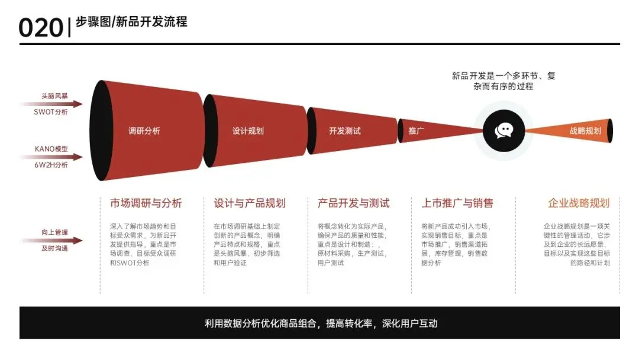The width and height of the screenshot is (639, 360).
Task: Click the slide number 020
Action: (x=40, y=27)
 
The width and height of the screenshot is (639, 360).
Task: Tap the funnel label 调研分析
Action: (x=144, y=131)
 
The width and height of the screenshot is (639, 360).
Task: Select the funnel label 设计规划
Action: (x=248, y=131)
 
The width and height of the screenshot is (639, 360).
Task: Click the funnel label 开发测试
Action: (x=345, y=131)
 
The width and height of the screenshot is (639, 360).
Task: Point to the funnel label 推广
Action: (x=417, y=131)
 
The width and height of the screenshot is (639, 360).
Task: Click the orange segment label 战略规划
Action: (x=585, y=131)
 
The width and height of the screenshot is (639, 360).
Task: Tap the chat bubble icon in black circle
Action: (x=504, y=131)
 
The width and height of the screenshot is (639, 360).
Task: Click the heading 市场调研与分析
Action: (x=146, y=203)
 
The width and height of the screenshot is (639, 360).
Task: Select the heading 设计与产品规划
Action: (x=250, y=203)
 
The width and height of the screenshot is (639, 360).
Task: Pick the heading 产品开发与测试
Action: (x=354, y=203)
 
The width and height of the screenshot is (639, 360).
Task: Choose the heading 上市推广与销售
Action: (x=457, y=203)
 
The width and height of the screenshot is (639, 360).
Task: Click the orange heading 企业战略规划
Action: (x=579, y=203)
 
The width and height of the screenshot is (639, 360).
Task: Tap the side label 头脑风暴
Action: (x=54, y=96)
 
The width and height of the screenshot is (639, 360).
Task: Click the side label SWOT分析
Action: (x=51, y=112)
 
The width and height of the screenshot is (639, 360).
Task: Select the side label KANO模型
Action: (x=51, y=149)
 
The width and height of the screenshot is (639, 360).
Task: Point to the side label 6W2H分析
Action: (x=51, y=165)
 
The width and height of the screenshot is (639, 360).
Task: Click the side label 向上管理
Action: (x=54, y=232)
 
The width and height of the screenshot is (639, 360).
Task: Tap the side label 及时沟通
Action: (x=54, y=248)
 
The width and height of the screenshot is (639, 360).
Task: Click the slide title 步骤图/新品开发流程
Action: (x=131, y=22)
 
